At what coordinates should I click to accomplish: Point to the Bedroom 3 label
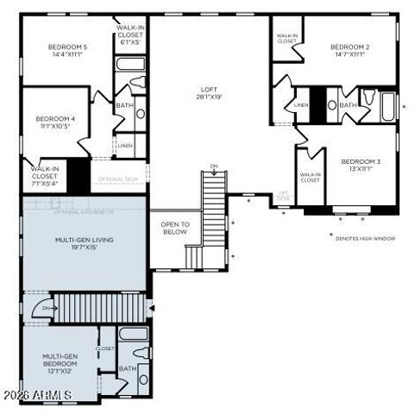357,165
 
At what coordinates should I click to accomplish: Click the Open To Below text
175,228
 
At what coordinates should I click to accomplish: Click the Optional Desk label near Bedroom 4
118,179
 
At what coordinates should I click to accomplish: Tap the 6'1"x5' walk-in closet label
130,34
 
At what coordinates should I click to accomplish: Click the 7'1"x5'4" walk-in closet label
44,175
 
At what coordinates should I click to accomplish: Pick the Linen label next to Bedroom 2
301,105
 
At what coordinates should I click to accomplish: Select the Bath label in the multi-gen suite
128,368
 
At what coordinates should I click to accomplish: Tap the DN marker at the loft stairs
214,166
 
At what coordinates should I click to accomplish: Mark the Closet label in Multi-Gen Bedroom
105,348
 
